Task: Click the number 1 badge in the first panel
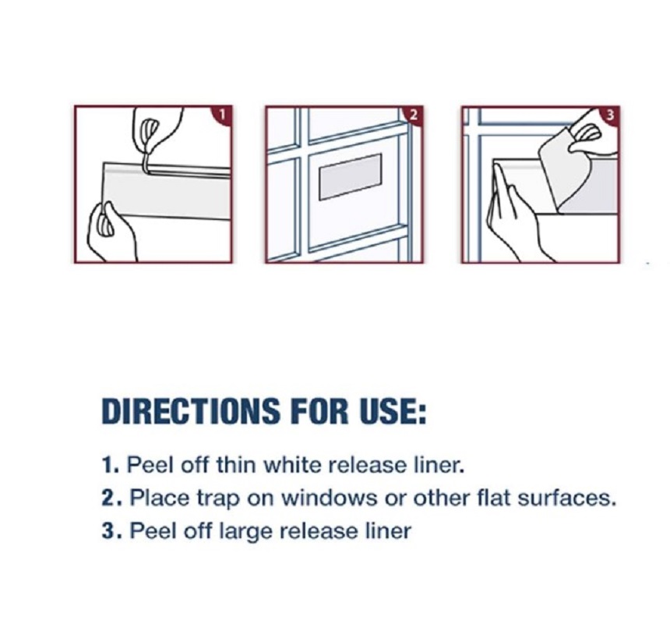click(223, 115)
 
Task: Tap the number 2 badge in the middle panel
click(414, 115)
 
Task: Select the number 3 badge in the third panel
click(610, 115)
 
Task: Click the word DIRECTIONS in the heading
click(191, 411)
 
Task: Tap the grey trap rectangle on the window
click(351, 176)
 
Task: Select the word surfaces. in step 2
click(567, 498)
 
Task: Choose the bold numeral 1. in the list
click(111, 465)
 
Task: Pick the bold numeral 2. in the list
click(111, 498)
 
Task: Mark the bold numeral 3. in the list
click(111, 531)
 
